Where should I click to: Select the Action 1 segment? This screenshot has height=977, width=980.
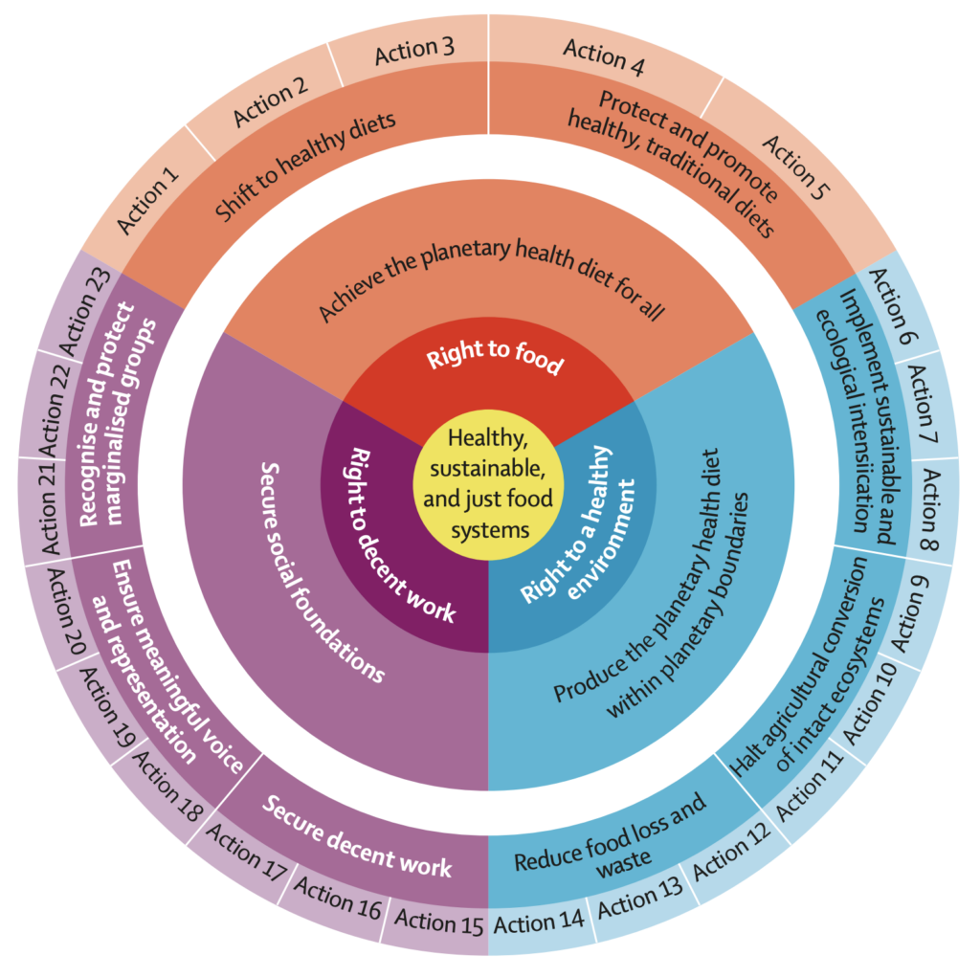tap(149, 199)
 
